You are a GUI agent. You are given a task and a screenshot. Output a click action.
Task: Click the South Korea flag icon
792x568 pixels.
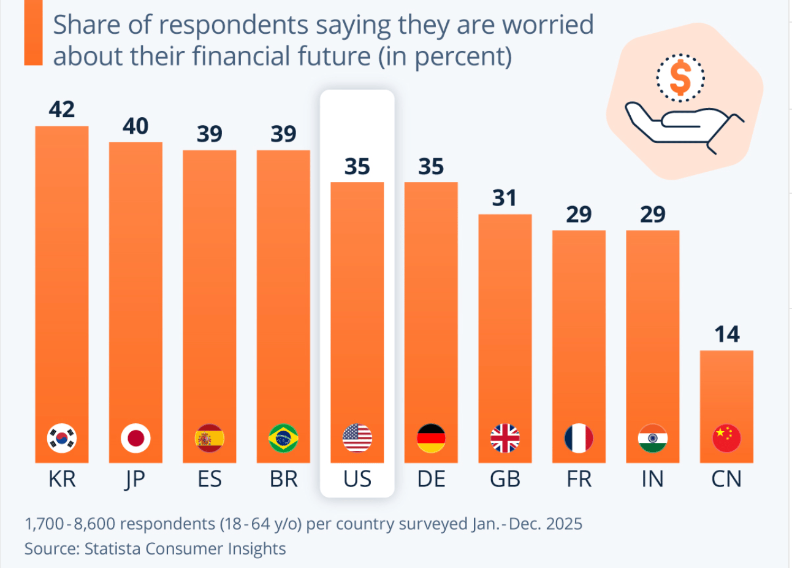click(x=62, y=439)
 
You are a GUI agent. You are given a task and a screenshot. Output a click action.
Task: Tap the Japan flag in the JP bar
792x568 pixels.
click(x=135, y=439)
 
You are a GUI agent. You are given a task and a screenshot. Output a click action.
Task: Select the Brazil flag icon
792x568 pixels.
click(x=283, y=439)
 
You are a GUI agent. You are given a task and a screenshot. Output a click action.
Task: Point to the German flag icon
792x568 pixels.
click(x=431, y=439)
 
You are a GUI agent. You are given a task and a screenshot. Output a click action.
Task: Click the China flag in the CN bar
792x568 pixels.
click(x=726, y=439)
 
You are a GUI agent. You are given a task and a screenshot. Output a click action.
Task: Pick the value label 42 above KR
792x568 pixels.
click(x=62, y=109)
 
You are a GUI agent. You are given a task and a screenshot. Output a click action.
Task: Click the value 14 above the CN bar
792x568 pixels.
click(x=726, y=334)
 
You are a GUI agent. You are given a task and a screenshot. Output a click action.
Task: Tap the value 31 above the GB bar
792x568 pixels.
click(x=505, y=198)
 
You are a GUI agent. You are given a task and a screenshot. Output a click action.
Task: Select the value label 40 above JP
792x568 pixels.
click(x=135, y=126)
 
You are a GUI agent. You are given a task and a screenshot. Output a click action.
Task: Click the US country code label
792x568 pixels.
click(x=357, y=479)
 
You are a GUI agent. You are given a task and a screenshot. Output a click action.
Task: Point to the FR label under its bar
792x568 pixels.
click(x=579, y=479)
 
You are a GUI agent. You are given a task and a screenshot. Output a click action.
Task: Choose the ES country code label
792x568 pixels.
click(x=210, y=479)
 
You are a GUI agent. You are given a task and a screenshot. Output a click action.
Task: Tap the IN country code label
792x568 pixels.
click(x=652, y=479)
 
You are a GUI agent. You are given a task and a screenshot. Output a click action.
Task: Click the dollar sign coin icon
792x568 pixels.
click(x=680, y=78)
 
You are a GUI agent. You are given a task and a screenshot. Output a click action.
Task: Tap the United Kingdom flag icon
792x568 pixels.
click(x=505, y=439)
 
